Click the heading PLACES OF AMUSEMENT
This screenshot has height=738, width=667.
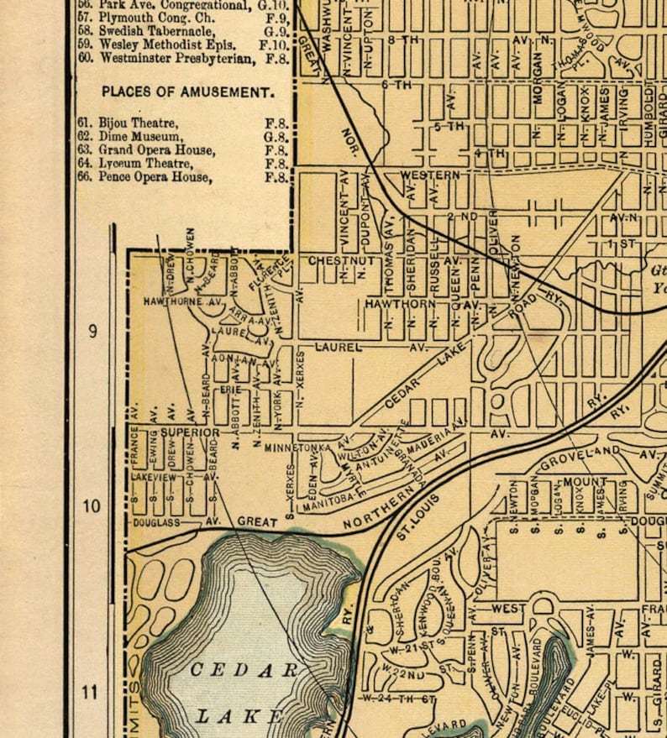pos(186,92)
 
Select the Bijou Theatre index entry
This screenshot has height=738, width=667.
pos(139,123)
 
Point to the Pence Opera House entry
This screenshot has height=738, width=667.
pos(155,177)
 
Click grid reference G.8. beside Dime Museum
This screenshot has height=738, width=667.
pos(276,136)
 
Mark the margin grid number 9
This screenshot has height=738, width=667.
pos(92,331)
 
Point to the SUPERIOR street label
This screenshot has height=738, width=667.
pos(190,432)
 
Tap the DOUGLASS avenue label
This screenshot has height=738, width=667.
pos(156,522)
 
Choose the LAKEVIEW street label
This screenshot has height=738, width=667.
pos(154,476)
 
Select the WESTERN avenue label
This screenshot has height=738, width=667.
pos(430,175)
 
